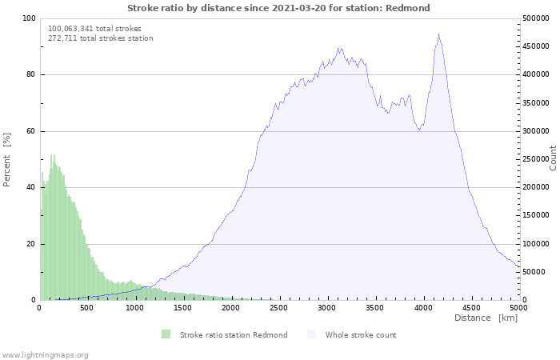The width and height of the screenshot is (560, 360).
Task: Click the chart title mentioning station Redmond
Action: pos(278,8)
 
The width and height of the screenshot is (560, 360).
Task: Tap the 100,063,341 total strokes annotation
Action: pos(94,29)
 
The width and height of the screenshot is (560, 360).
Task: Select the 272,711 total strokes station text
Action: pos(101,38)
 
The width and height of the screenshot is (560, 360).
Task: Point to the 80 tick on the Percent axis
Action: pos(31,74)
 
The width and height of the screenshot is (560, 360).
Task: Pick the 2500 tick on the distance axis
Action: pos(278,308)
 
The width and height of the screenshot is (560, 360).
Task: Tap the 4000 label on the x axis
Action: pos(423,308)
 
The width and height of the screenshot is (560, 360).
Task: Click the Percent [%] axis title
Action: pos(6,160)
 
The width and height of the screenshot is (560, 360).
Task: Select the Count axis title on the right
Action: pos(553,158)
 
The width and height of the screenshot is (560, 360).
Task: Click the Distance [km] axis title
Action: pos(486,318)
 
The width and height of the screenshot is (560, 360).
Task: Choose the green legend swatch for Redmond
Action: pos(166,334)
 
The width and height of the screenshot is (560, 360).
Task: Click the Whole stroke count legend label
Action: pos(361,335)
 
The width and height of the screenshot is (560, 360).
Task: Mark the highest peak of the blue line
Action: pos(438,34)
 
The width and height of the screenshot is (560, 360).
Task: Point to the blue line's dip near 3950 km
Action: pos(419,130)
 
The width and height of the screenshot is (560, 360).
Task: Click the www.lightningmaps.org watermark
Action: pos(44,355)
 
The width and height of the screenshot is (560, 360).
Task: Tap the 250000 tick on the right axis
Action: pos(536,159)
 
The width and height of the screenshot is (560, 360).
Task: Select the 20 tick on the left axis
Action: pos(31,244)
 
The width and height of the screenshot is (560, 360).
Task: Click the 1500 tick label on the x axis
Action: pos(182,308)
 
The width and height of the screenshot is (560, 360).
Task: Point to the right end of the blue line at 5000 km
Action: pos(520,266)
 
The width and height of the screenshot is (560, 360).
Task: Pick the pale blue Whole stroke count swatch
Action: pos(311,334)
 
